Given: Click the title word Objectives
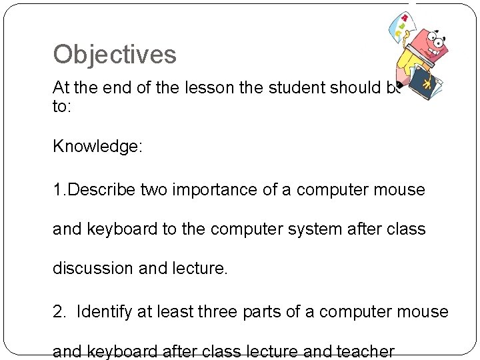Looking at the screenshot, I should point(115,55).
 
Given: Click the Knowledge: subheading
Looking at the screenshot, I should point(98,147).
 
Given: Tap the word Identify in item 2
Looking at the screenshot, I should point(106,311).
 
